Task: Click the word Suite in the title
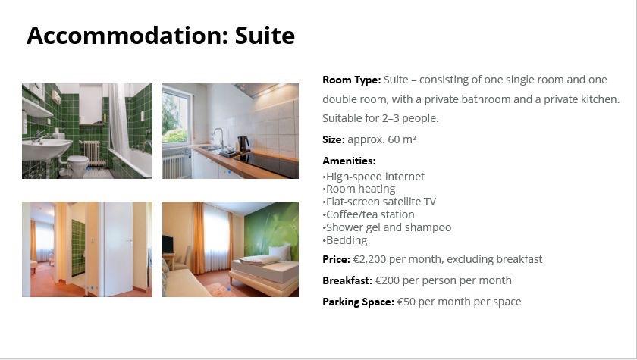(265, 36)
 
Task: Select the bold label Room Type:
(351, 80)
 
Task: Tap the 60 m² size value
(402, 139)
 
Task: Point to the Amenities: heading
(349, 161)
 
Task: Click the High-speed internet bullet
(373, 177)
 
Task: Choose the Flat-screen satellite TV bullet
(379, 202)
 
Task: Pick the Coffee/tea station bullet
(369, 214)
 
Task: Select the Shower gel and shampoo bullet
(387, 227)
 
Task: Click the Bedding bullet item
(345, 240)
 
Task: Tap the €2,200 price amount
(369, 259)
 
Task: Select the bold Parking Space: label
(358, 302)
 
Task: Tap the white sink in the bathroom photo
(47, 149)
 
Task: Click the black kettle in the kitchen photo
(243, 144)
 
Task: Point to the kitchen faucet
(219, 138)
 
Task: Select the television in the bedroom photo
(168, 244)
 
